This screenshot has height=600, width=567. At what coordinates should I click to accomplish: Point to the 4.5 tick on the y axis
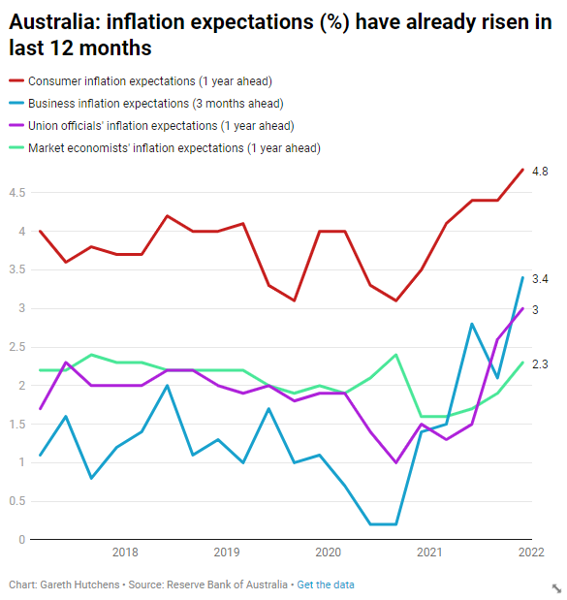coord(17,193)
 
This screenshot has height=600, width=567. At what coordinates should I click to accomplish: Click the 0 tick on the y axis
coord(22,540)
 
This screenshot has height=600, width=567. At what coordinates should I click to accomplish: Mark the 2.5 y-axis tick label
coord(17,347)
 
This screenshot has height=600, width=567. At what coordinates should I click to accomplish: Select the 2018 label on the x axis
coord(125,553)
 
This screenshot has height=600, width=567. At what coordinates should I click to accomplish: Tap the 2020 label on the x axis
coord(328,553)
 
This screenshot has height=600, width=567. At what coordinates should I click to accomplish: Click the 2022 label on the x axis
coord(531,553)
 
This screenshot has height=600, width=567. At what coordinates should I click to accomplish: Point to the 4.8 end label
coord(540,172)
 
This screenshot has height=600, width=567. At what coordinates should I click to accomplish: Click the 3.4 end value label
coord(540,279)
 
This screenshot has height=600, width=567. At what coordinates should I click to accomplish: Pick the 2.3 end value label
coord(540,364)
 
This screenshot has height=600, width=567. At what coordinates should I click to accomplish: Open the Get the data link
coord(326,584)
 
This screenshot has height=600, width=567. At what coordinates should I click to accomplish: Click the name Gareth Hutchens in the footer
coord(79,584)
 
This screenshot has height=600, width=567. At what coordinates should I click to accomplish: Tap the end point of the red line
coord(522,170)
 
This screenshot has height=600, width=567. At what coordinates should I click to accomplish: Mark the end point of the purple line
coord(522,308)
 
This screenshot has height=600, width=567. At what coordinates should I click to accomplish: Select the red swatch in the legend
coord(16,80)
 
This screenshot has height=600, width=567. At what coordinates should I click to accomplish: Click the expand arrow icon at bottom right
coord(556,588)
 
